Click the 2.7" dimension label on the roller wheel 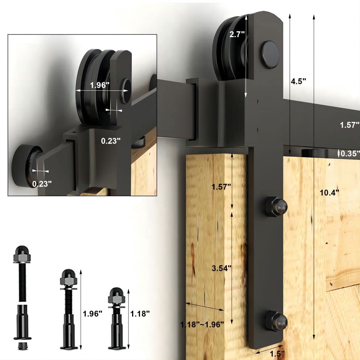pos(237,35)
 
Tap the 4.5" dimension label pos(298,81)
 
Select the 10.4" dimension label pos(329,192)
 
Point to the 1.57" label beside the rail pos(350,125)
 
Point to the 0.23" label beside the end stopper pos(42,184)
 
